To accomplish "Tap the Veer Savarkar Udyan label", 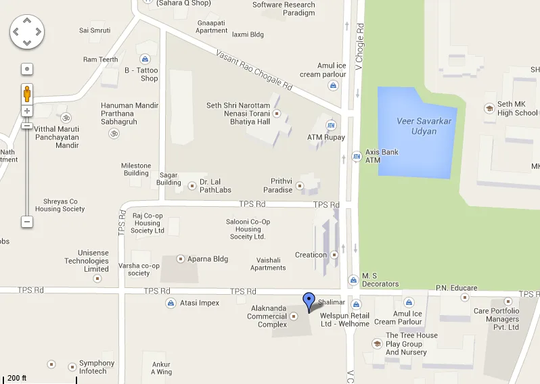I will [415, 126].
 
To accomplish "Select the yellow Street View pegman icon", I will [27, 93].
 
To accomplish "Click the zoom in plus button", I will [27, 110].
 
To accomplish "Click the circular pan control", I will [27, 32].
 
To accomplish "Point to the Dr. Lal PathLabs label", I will [215, 186].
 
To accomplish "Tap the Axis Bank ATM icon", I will [357, 156].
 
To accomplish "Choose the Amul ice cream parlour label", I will [323, 70].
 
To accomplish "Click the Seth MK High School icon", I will [489, 108].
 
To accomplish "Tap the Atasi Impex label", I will [199, 303].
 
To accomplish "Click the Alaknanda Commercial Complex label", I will [267, 316].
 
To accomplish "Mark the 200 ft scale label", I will [17, 378].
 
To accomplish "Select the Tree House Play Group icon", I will [377, 343].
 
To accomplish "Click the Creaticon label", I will [311, 255].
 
